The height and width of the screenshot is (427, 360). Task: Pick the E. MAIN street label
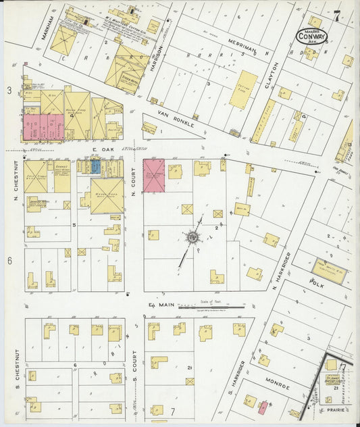click(161, 305)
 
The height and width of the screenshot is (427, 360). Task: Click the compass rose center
click(193, 237)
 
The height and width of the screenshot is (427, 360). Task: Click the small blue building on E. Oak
click(96, 166)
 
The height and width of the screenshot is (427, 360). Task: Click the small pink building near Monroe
click(263, 408)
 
